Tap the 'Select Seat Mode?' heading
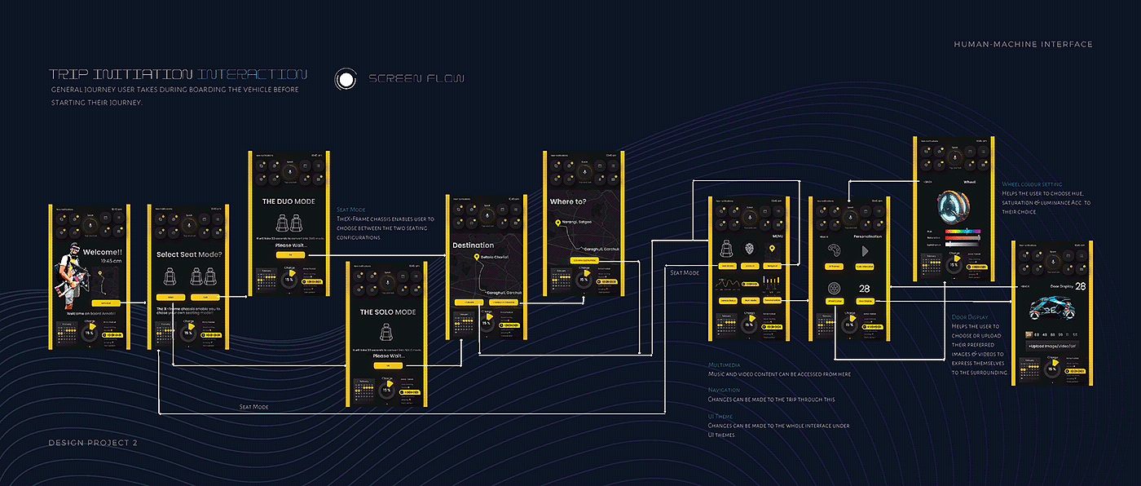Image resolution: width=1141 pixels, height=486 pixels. pos(188,254)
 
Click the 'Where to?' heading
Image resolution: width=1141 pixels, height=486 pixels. pos(568,201)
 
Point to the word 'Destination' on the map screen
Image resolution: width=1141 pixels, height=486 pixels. pos(474,245)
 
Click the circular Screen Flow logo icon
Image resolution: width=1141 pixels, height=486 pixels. pos(346,79)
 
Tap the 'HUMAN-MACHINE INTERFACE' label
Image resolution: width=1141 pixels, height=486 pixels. pos(1023,44)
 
